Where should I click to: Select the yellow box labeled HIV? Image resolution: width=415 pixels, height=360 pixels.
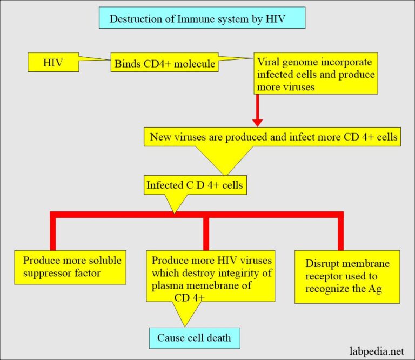click(52, 63)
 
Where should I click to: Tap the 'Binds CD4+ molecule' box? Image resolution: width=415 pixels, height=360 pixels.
click(164, 64)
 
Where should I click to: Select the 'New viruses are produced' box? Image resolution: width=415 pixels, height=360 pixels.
click(273, 137)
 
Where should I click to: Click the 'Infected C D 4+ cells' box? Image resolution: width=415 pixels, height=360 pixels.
click(195, 185)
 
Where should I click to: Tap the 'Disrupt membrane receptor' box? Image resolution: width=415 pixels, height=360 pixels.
click(347, 276)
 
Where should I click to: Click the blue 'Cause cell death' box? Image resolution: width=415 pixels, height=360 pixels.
click(194, 338)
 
